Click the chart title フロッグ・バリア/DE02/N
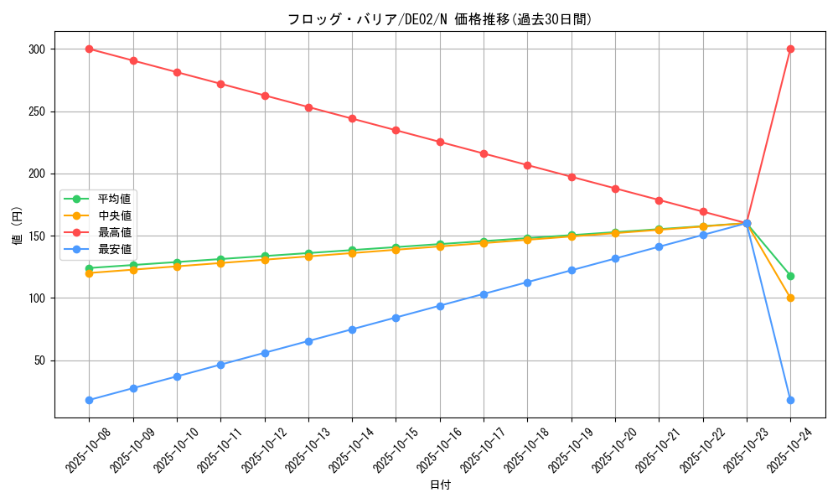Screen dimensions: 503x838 pyautogui.click(x=439, y=19)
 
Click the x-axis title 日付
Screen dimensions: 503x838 pyautogui.click(x=440, y=485)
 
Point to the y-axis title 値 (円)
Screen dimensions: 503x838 pyautogui.click(x=18, y=226)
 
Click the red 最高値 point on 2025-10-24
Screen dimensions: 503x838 pyautogui.click(x=790, y=49)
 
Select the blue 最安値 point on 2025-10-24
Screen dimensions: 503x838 pyautogui.click(x=790, y=400)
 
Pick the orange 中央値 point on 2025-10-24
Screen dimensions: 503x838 pyautogui.click(x=790, y=298)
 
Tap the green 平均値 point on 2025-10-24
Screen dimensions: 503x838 pyautogui.click(x=790, y=276)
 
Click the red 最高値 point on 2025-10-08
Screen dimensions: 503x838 pyautogui.click(x=89, y=49)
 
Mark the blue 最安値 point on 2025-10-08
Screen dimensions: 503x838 pyautogui.click(x=89, y=400)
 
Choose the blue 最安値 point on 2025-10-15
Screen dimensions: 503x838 pyautogui.click(x=396, y=318)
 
